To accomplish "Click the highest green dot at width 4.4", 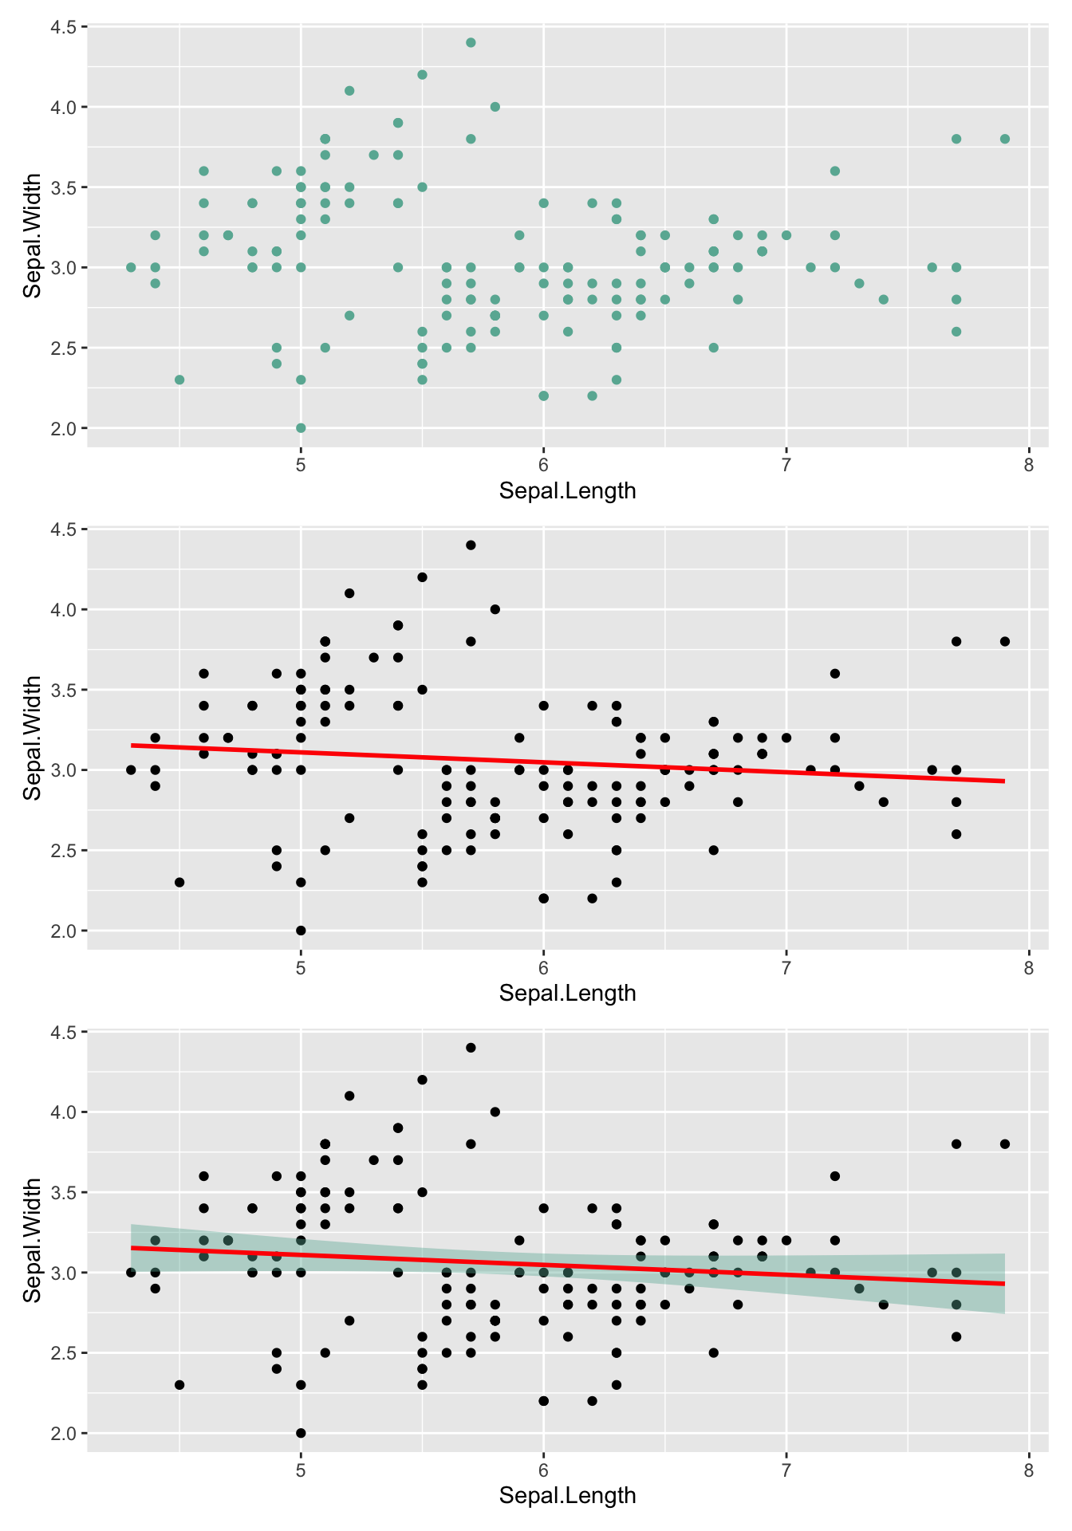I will tap(471, 42).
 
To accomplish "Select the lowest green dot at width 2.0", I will tap(301, 427).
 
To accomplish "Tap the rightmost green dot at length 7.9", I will tap(1005, 139).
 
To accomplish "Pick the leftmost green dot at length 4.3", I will tap(131, 267).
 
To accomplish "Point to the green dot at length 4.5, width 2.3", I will tap(179, 380).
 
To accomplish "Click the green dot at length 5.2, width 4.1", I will tap(349, 91).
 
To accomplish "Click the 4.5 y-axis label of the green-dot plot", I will tap(63, 27).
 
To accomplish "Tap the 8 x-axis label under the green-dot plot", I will tap(1029, 466).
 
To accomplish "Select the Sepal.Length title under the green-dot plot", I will tap(567, 490).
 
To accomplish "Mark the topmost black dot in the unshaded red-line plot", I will tap(471, 545).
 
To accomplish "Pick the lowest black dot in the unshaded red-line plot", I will tap(301, 930).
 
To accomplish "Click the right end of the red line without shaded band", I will tap(1004, 781).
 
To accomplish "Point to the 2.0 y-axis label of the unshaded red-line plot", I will tap(63, 931).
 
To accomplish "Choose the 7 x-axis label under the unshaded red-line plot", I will tap(786, 968).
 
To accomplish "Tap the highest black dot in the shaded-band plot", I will tap(471, 1047).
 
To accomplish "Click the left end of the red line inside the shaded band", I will tap(132, 1247).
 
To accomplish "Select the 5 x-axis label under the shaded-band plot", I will tap(301, 1470).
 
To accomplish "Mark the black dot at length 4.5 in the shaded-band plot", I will tap(179, 1384).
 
